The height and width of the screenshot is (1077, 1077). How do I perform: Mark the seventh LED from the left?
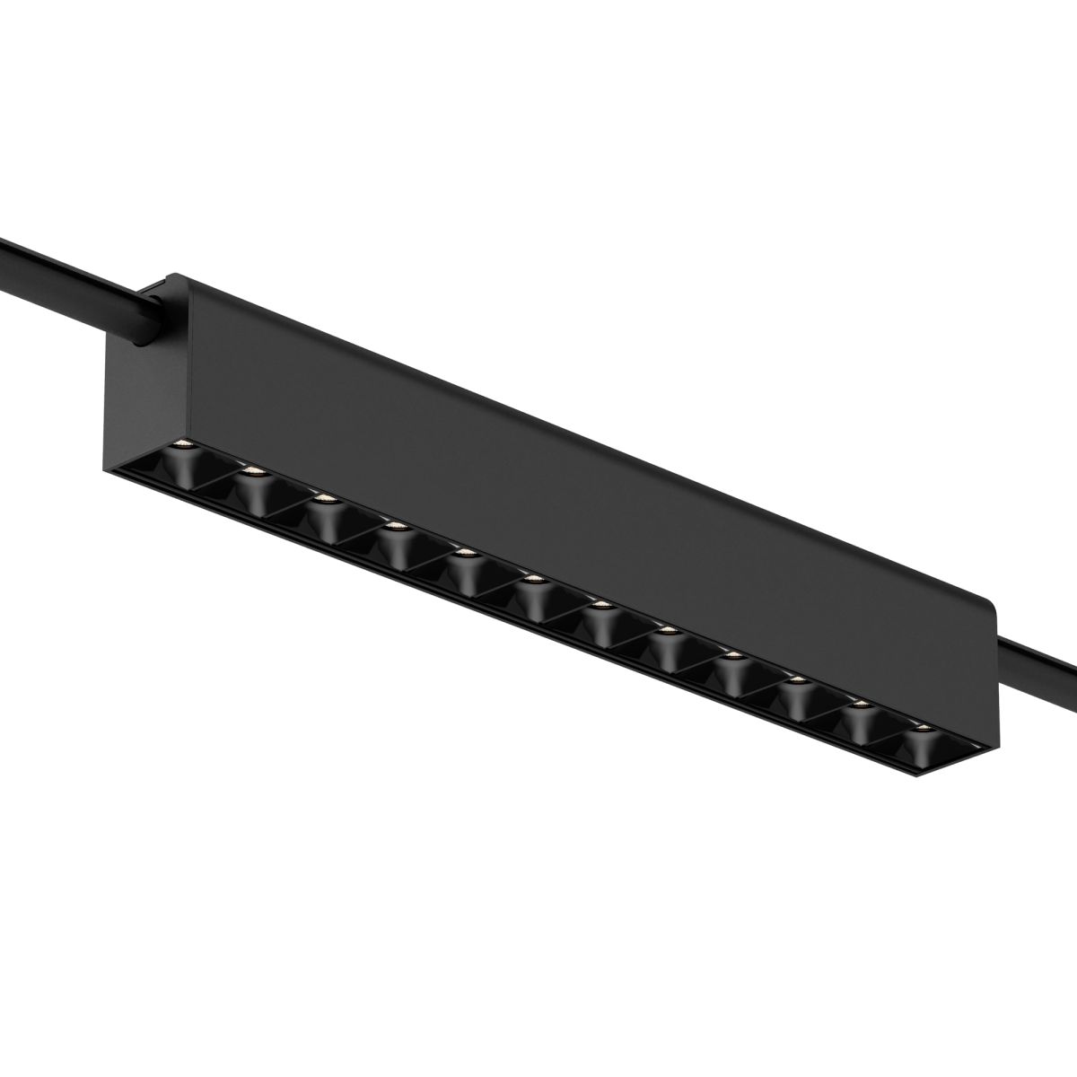click(x=601, y=605)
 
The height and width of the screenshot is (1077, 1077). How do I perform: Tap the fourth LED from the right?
click(x=734, y=655)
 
